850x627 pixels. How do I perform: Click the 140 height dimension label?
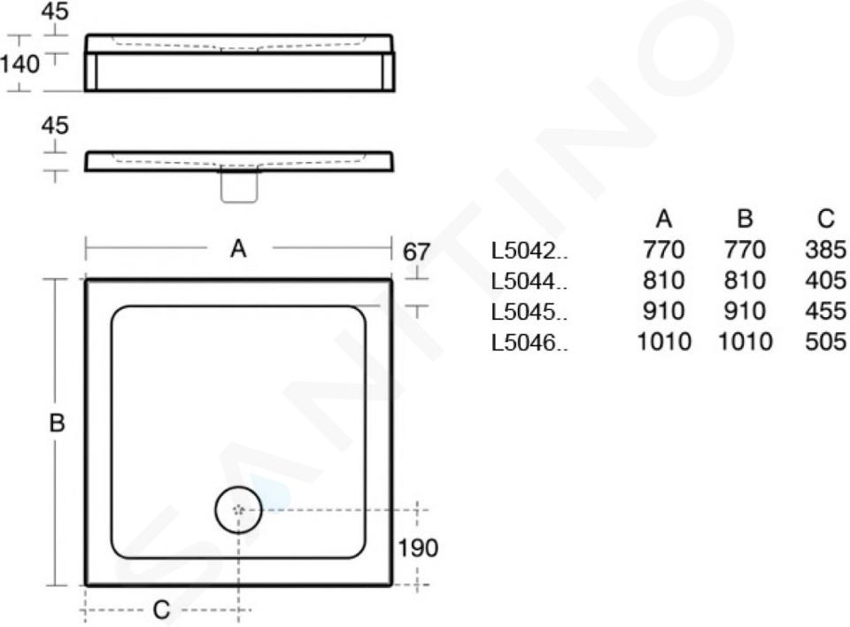[19, 65]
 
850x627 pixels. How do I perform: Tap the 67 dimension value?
[416, 252]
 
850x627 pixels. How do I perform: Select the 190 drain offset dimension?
[418, 548]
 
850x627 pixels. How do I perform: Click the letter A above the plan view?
[238, 249]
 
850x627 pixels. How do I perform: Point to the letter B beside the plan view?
[57, 423]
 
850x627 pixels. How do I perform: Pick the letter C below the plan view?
[161, 610]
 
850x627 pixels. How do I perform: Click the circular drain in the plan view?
[238, 510]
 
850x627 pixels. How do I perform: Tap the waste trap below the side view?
[239, 187]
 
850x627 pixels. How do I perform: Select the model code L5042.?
[529, 251]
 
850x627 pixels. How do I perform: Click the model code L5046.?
[529, 342]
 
